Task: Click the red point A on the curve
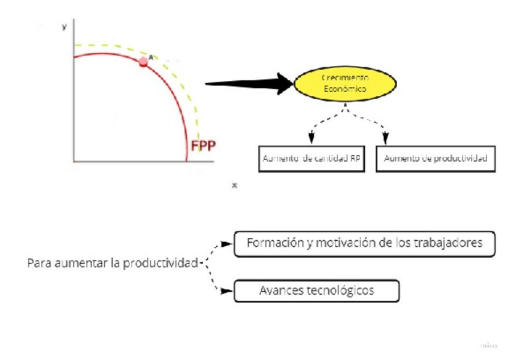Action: click(143, 62)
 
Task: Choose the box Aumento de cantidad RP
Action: click(312, 159)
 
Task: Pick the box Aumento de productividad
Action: click(436, 159)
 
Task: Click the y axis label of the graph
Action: click(64, 27)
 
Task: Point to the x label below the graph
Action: click(235, 186)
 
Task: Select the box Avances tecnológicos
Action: click(316, 291)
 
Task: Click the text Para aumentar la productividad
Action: click(113, 264)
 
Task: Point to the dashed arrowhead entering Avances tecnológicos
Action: click(227, 291)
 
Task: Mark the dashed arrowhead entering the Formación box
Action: click(227, 244)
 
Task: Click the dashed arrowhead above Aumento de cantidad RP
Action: click(311, 138)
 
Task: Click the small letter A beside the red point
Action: click(150, 57)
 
